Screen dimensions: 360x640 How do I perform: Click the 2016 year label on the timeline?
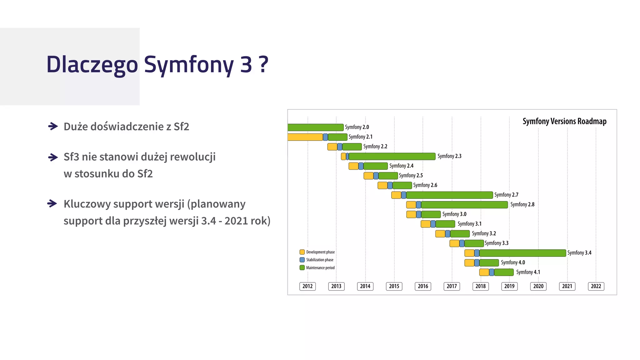coord(423,286)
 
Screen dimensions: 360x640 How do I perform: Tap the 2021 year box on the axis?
coord(567,286)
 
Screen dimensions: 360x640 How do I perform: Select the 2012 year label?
coord(307,286)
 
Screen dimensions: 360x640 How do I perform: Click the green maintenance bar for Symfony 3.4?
coord(522,253)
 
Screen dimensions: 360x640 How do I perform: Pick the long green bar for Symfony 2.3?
coord(392,156)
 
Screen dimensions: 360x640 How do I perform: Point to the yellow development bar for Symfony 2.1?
coord(305,137)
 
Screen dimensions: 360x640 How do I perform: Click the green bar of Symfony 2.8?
coord(464,205)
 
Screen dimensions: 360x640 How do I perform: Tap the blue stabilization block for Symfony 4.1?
coord(492,272)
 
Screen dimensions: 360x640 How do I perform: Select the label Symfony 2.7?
coord(506,195)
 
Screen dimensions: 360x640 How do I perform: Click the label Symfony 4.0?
coord(513,262)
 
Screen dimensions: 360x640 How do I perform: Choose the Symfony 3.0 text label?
coord(454,214)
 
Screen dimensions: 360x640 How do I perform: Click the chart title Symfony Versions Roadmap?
coord(564,121)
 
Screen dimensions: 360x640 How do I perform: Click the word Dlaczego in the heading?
coord(92,65)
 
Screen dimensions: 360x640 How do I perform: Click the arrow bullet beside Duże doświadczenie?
coord(53,126)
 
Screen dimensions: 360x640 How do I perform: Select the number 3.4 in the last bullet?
coord(208,221)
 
